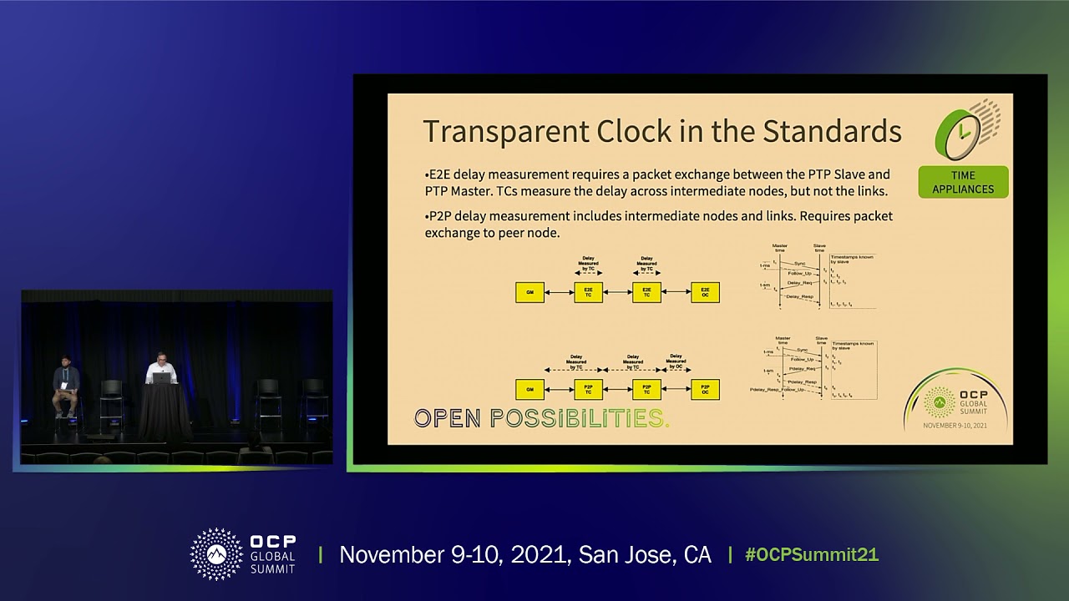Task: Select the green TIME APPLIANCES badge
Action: (x=963, y=182)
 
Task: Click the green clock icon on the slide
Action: (x=963, y=132)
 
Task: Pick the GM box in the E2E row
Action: (x=529, y=292)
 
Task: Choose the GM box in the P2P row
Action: (x=529, y=389)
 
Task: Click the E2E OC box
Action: (x=705, y=292)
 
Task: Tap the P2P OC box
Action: (x=705, y=389)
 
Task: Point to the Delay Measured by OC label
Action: (x=676, y=361)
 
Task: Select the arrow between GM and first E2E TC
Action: (x=559, y=292)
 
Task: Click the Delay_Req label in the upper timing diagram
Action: (x=799, y=283)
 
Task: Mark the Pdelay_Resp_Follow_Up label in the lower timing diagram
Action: (x=777, y=390)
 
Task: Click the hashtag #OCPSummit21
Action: (x=811, y=555)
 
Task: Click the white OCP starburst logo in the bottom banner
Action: (x=216, y=553)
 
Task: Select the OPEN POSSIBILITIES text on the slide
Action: (x=541, y=418)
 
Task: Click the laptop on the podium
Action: (x=161, y=377)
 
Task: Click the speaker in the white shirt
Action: (x=160, y=368)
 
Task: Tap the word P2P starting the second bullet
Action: (x=439, y=216)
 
